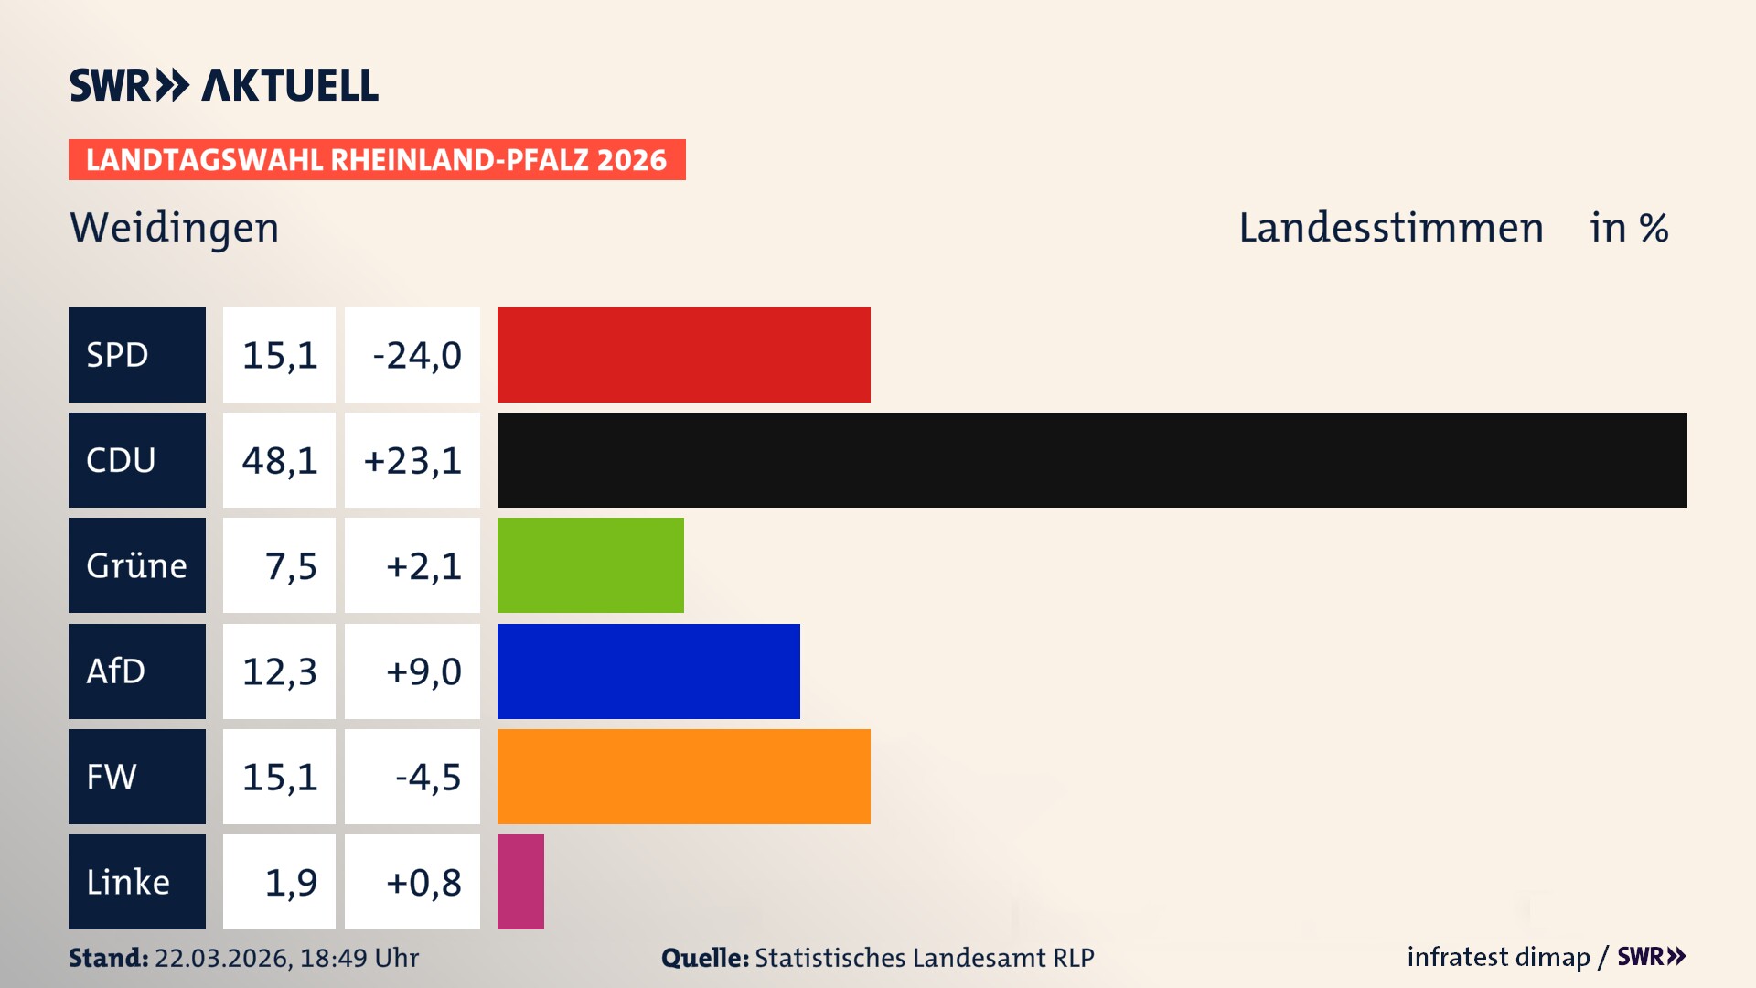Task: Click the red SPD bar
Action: [683, 355]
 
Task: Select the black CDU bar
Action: [1091, 460]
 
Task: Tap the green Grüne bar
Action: [590, 565]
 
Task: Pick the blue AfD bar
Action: [648, 671]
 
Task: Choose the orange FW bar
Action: [683, 777]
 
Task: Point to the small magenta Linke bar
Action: [520, 882]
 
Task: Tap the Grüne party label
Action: [136, 565]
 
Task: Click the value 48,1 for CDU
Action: [279, 460]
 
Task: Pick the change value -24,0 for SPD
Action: [416, 355]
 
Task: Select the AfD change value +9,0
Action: [423, 671]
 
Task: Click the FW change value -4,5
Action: [427, 777]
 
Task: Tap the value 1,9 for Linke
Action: [290, 882]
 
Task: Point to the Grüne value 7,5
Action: [290, 565]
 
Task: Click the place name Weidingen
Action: [174, 228]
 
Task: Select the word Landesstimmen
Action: [1390, 228]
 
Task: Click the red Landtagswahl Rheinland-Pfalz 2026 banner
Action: [376, 160]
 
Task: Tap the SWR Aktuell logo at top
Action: [223, 85]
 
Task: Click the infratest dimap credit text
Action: [1497, 957]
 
